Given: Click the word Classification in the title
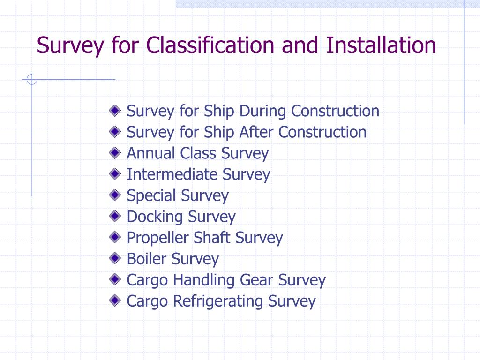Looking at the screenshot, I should [x=210, y=45].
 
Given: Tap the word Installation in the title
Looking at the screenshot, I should [x=381, y=45].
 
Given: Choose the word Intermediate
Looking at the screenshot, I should [x=172, y=175].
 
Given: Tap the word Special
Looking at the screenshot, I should [x=151, y=196].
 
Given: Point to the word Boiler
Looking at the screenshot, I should [x=147, y=259].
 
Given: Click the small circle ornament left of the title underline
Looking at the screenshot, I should [x=32, y=80].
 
